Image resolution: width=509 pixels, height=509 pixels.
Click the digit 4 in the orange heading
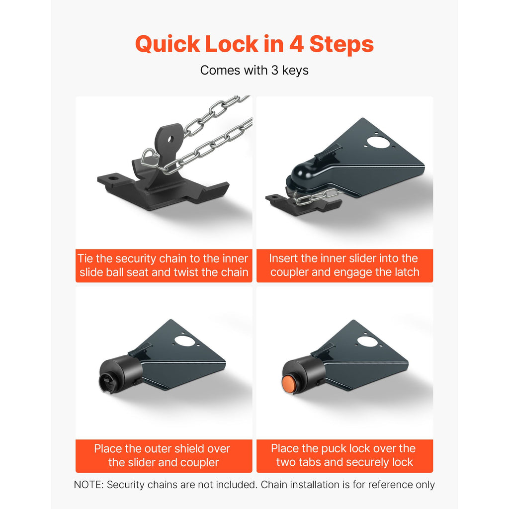pos(296,44)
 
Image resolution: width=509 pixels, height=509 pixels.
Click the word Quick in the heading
pos(168,44)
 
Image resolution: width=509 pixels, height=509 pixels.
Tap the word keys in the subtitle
pos(295,71)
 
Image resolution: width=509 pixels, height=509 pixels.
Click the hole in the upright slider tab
pos(170,140)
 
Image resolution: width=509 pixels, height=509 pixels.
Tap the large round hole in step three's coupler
pos(184,340)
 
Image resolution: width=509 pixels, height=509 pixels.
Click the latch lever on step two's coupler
pos(329,152)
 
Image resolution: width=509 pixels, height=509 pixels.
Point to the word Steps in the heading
pos(341,44)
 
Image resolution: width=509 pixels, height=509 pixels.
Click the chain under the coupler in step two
pos(317,197)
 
